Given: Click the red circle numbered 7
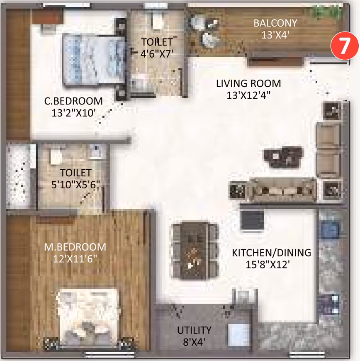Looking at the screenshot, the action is [344, 46].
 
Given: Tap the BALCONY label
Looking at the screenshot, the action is [275, 23].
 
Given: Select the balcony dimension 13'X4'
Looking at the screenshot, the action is [275, 35].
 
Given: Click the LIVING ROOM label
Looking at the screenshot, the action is [248, 83].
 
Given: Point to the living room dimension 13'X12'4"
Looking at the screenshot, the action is [248, 95].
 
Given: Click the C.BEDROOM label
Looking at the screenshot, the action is [73, 101].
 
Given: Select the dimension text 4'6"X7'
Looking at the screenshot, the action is [157, 54].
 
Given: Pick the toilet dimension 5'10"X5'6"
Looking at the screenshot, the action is [75, 185].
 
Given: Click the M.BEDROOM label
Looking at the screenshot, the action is [75, 247].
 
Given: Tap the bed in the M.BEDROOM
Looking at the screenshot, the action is [88, 318].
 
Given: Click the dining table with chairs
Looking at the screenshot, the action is [195, 251].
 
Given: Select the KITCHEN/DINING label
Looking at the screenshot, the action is [271, 253].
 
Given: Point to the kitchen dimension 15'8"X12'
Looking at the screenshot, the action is [268, 265].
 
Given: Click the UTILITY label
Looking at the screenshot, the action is [194, 330].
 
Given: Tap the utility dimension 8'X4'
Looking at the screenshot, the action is [194, 342].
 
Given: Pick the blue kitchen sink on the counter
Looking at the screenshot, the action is [329, 229].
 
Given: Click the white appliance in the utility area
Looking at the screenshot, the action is [239, 335].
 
